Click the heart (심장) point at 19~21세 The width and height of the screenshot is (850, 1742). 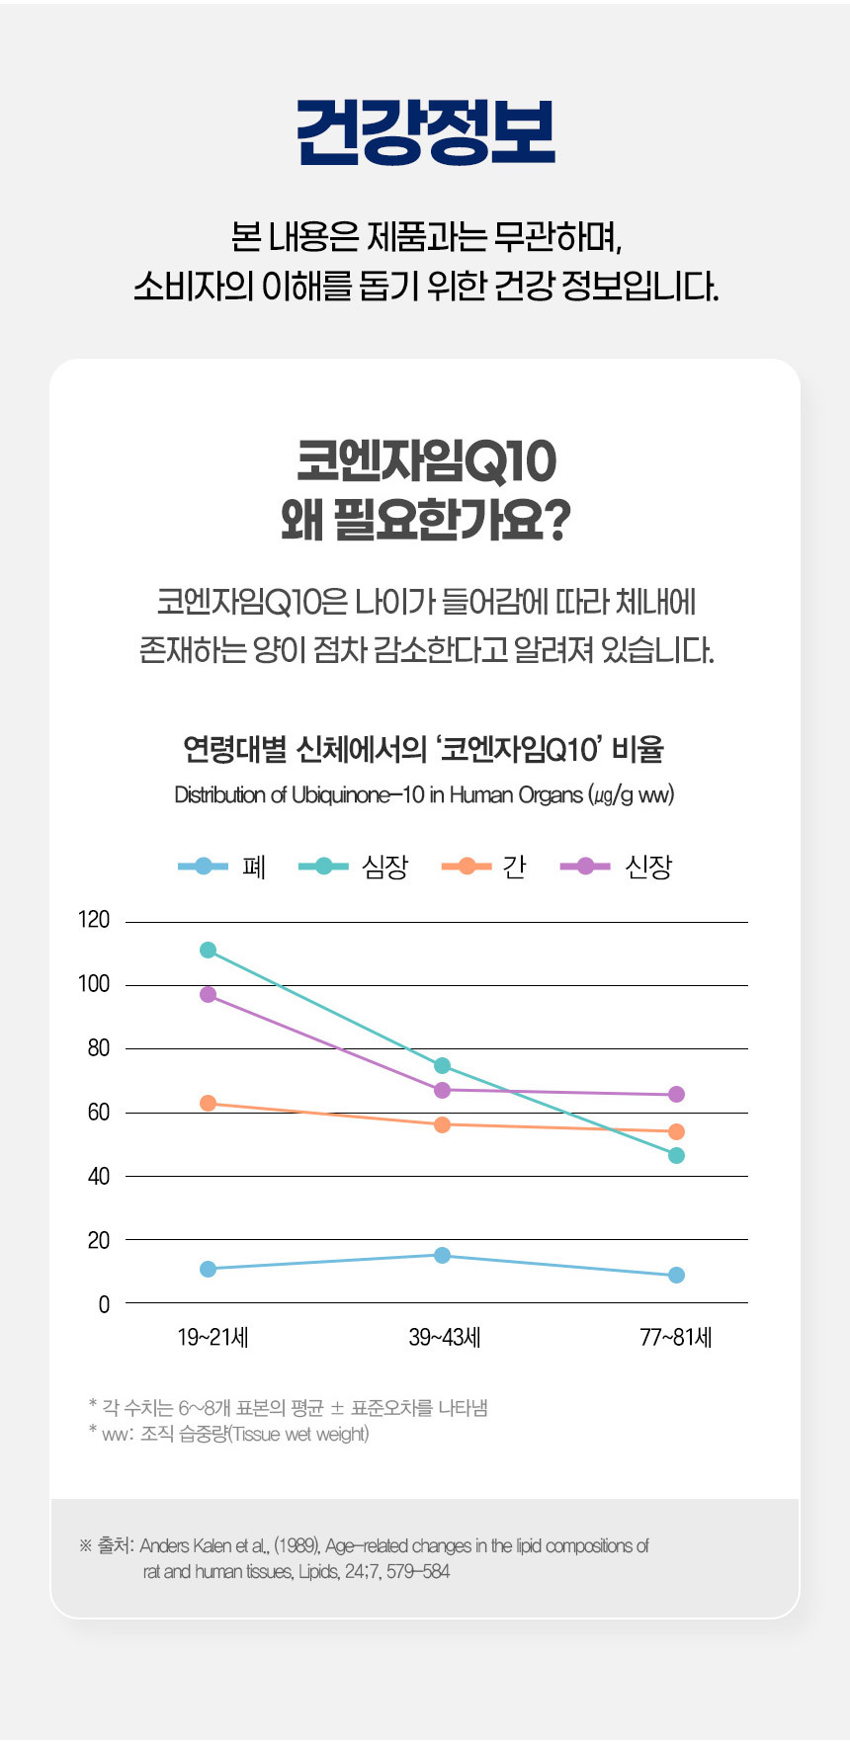tap(208, 950)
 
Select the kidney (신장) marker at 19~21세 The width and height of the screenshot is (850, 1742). tap(208, 994)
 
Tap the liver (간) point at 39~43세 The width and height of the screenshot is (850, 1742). tap(442, 1124)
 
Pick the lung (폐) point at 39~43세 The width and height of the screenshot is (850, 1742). tap(442, 1255)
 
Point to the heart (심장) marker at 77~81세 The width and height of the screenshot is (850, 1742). tap(676, 1155)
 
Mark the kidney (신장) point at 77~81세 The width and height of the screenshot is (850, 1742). tap(676, 1094)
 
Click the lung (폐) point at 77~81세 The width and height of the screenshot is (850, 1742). tap(676, 1275)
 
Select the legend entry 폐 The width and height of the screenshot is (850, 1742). tap(222, 867)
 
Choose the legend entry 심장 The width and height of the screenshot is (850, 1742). tap(353, 867)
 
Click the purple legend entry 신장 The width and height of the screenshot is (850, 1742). tap(616, 867)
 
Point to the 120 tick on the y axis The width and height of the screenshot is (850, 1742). tap(94, 920)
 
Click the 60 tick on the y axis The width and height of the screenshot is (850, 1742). tap(98, 1112)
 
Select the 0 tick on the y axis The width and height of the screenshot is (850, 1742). tap(104, 1304)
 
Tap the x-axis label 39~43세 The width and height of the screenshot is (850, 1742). tap(444, 1337)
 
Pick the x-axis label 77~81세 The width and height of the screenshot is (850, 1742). tap(676, 1337)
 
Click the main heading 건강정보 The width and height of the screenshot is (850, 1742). tap(425, 131)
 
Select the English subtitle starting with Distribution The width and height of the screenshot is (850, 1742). tap(424, 794)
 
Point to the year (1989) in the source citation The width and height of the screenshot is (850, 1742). tap(295, 1545)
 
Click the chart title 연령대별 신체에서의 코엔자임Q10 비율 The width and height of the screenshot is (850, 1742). tap(424, 749)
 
